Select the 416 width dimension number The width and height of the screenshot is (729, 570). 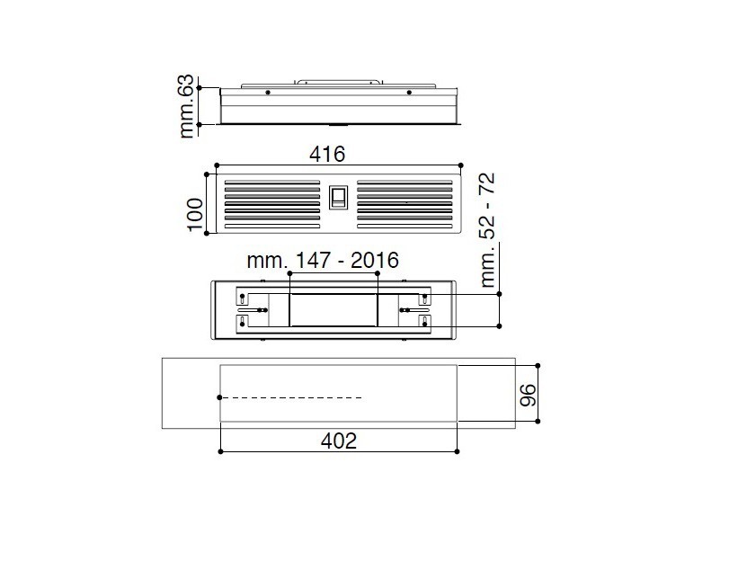pos(327,154)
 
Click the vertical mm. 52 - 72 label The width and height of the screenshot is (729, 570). pos(490,230)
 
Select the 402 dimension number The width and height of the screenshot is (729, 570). pos(339,441)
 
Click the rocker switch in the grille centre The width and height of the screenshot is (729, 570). pos(338,198)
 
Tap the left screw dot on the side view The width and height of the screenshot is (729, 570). pos(267,92)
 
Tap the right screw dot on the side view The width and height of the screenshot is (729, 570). pos(409,92)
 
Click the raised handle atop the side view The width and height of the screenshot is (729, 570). pos(338,82)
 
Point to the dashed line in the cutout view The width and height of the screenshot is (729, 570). pos(292,396)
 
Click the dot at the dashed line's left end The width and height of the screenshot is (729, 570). pos(220,396)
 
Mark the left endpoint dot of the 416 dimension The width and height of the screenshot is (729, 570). pos(217,165)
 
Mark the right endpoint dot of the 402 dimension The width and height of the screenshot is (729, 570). pos(458,450)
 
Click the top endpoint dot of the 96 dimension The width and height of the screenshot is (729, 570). pos(538,365)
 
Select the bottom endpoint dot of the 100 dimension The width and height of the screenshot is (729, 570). pos(207,233)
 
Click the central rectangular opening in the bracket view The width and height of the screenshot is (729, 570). pos(333,310)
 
